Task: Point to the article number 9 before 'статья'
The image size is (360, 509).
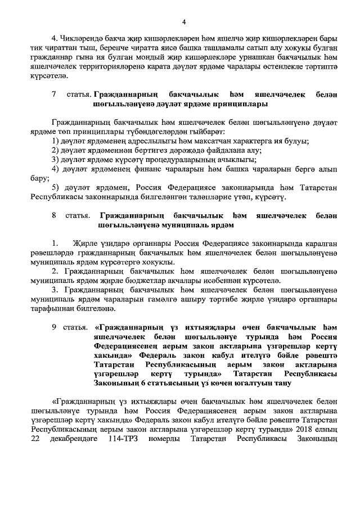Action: coord(54,327)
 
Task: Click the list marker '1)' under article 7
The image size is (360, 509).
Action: coord(55,139)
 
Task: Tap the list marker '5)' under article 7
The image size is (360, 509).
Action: coord(55,187)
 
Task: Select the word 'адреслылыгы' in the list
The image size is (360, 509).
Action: coord(152,139)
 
